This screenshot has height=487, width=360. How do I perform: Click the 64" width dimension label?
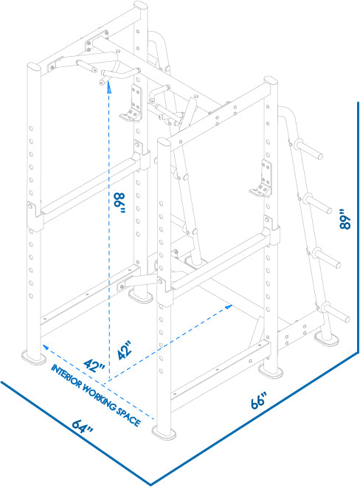pyautogui.click(x=83, y=426)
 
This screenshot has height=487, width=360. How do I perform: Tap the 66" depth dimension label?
pyautogui.click(x=259, y=401)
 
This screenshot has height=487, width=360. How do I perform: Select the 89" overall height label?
pyautogui.click(x=345, y=220)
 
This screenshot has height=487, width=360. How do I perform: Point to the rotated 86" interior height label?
pyautogui.click(x=120, y=202)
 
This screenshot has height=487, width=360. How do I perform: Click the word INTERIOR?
pyautogui.click(x=66, y=376)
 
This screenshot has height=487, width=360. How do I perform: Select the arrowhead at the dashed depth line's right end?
pyautogui.click(x=228, y=307)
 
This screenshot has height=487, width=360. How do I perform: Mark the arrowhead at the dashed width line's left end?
pyautogui.click(x=46, y=347)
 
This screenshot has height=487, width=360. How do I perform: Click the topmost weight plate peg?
pyautogui.click(x=308, y=149)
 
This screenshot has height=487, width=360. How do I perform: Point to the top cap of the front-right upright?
pyautogui.click(x=164, y=142)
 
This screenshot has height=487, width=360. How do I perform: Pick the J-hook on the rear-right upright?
pyautogui.click(x=262, y=179)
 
